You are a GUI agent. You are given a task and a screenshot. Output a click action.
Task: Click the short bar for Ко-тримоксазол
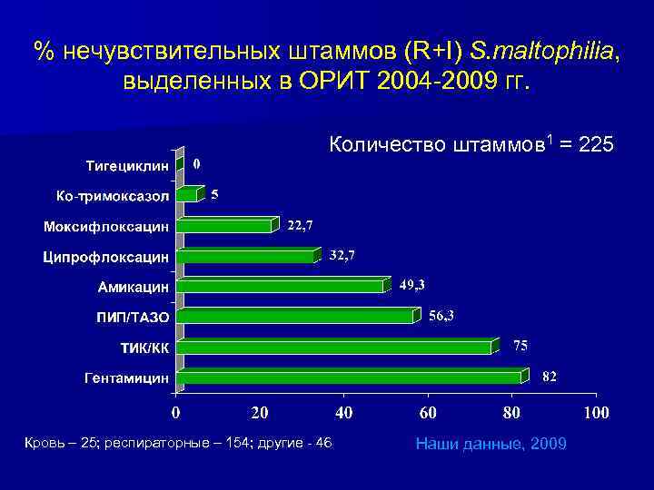click(x=188, y=194)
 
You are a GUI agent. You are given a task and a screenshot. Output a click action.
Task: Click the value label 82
click(x=549, y=377)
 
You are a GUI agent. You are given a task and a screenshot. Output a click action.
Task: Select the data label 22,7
click(x=301, y=225)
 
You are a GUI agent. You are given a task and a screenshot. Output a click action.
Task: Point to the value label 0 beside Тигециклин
click(x=197, y=164)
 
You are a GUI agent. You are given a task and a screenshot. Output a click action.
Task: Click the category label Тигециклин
click(x=127, y=166)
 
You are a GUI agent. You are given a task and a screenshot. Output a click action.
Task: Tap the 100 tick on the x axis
click(x=596, y=414)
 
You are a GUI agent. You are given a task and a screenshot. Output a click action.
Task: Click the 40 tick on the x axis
click(x=343, y=414)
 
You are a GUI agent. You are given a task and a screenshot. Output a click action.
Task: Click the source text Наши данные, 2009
click(x=490, y=443)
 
